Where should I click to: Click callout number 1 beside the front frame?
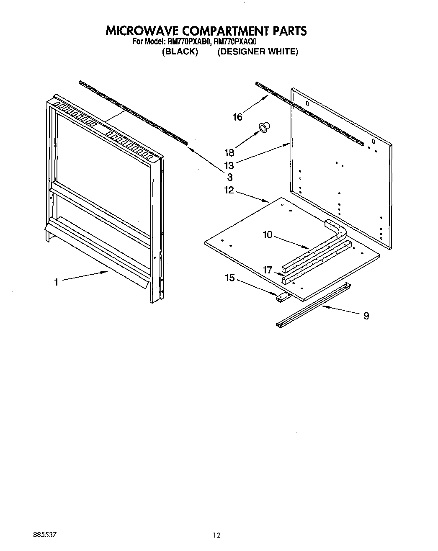point(56,283)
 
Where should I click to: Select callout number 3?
point(230,177)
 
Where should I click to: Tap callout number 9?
point(366,316)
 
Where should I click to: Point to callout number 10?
point(268,235)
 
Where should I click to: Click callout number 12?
point(229,190)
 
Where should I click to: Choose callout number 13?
point(229,165)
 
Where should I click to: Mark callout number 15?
point(230,278)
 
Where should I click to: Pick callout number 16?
point(237,117)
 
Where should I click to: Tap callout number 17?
point(268,270)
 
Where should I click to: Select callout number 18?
point(229,153)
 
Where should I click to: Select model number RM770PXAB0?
point(190,42)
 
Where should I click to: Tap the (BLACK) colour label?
point(180,52)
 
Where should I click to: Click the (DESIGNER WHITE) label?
point(258,52)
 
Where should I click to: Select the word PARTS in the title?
point(290,31)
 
